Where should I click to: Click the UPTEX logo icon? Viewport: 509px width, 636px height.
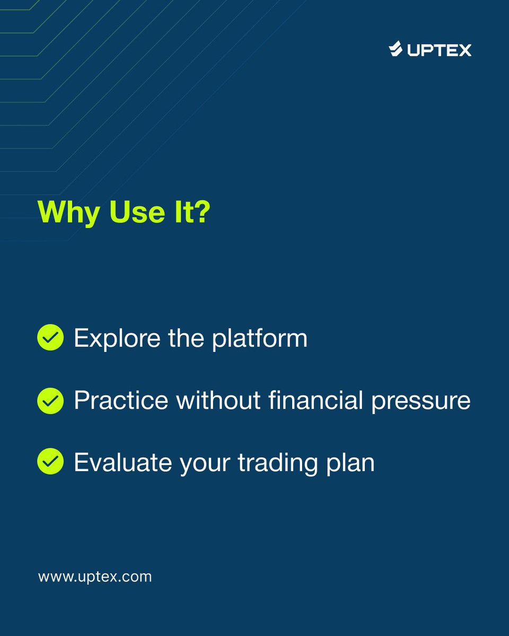click(396, 49)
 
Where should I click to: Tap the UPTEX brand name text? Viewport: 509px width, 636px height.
click(439, 50)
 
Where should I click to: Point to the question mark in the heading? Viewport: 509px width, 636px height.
click(201, 212)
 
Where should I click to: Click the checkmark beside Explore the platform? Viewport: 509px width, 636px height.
click(50, 338)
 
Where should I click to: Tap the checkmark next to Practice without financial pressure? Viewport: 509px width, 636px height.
click(50, 401)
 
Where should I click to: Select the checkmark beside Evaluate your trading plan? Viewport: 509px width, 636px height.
click(50, 462)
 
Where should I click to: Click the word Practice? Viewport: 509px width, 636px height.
click(120, 401)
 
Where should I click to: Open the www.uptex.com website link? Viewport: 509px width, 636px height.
click(95, 577)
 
